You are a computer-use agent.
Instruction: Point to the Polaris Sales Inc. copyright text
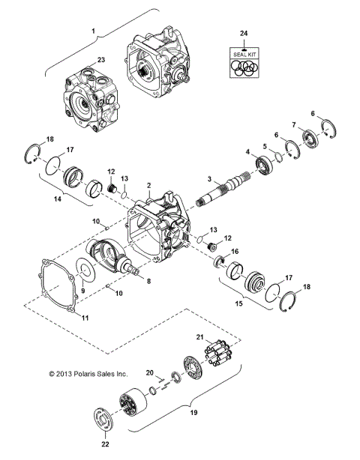(x=88, y=372)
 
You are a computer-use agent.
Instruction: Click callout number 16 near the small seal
(x=235, y=252)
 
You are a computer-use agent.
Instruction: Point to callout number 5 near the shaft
(x=265, y=145)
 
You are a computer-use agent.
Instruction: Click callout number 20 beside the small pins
(x=148, y=372)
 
